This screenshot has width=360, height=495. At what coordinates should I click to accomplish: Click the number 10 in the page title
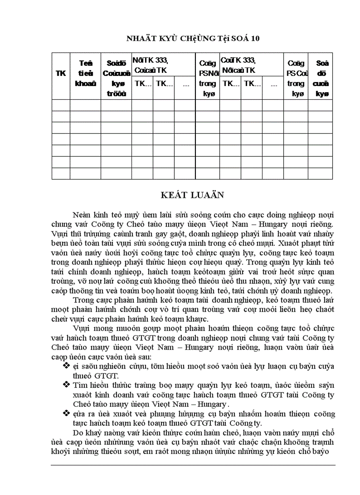[255, 39]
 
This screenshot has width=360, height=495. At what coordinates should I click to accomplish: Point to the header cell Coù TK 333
[238, 65]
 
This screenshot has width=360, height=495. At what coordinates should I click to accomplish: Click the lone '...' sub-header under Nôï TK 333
[186, 84]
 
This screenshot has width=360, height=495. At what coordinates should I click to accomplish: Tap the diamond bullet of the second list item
[67, 385]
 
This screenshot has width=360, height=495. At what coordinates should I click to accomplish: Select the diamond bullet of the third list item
[67, 413]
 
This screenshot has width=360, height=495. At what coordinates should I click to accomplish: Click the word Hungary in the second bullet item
[211, 404]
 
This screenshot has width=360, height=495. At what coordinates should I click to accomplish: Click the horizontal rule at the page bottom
[193, 465]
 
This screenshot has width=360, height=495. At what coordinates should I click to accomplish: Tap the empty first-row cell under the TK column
[60, 105]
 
